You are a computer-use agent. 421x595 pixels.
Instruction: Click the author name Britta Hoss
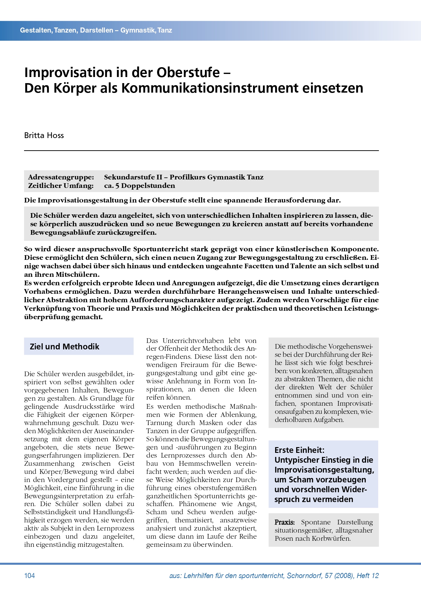pyautogui.click(x=44, y=135)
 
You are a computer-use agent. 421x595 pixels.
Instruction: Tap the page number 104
pyautogui.click(x=30, y=575)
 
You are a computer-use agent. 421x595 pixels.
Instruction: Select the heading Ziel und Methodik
pyautogui.click(x=64, y=346)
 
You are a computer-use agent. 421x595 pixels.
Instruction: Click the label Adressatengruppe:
pyautogui.click(x=61, y=177)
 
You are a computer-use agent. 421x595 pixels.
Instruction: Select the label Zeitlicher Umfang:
pyautogui.click(x=61, y=186)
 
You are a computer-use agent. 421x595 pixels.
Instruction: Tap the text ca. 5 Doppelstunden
pyautogui.click(x=139, y=186)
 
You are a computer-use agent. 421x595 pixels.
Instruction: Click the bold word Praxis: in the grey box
pyautogui.click(x=285, y=522)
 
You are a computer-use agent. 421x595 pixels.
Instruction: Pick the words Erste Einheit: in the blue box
pyautogui.click(x=299, y=450)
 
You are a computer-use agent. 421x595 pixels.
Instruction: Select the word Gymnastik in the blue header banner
pyautogui.click(x=137, y=30)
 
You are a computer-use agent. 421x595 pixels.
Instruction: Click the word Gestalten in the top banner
pyautogui.click(x=36, y=30)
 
